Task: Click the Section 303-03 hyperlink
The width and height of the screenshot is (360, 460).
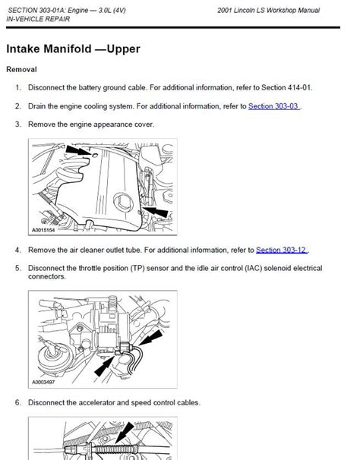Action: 273,106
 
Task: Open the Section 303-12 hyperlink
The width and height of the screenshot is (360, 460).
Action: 281,250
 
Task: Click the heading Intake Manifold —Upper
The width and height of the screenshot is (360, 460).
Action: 73,49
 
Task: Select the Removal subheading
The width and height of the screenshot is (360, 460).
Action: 21,70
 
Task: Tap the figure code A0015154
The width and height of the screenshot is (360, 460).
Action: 43,230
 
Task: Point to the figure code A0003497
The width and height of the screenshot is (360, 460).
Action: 43,383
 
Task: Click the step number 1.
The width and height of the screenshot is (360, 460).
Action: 18,87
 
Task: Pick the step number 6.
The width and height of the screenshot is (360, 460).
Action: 18,402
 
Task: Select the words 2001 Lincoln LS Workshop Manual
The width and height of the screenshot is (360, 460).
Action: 268,11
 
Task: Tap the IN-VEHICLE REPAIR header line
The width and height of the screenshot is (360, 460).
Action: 38,19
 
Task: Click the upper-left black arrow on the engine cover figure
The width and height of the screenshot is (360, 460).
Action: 77,151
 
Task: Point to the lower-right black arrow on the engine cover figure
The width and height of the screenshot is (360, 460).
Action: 156,212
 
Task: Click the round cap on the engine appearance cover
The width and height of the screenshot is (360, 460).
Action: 123,202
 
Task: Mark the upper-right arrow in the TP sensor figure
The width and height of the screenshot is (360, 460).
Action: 151,337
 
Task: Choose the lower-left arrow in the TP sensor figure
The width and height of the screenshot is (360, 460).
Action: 104,366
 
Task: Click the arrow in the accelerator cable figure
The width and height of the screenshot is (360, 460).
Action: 125,433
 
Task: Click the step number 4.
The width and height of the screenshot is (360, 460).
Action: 18,250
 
